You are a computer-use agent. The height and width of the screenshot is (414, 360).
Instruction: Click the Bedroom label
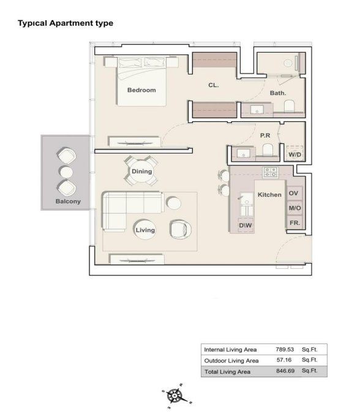(141, 90)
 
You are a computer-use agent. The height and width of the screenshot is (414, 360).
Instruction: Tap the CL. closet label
(213, 86)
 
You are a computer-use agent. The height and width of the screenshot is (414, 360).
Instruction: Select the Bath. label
(278, 93)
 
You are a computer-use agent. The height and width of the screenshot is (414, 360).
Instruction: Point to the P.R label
(265, 135)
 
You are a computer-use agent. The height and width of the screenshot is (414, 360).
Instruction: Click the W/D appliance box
(295, 154)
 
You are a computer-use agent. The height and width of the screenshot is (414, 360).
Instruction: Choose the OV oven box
(294, 194)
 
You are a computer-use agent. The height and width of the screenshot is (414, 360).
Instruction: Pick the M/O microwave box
(294, 208)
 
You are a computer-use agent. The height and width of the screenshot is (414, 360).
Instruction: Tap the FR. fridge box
(294, 223)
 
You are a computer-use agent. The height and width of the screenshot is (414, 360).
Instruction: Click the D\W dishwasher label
(246, 226)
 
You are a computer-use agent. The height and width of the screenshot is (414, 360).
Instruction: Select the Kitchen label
(269, 195)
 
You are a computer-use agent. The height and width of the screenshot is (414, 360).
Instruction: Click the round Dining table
(141, 171)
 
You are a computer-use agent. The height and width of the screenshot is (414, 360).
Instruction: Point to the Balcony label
(68, 201)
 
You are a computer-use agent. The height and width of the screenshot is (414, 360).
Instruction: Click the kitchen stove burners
(270, 171)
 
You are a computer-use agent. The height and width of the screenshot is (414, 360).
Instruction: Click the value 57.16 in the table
(281, 360)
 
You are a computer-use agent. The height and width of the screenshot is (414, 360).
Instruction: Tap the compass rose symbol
(175, 396)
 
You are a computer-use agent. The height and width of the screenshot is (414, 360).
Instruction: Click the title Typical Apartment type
(66, 23)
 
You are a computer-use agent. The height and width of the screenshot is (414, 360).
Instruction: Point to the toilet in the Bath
(289, 106)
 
